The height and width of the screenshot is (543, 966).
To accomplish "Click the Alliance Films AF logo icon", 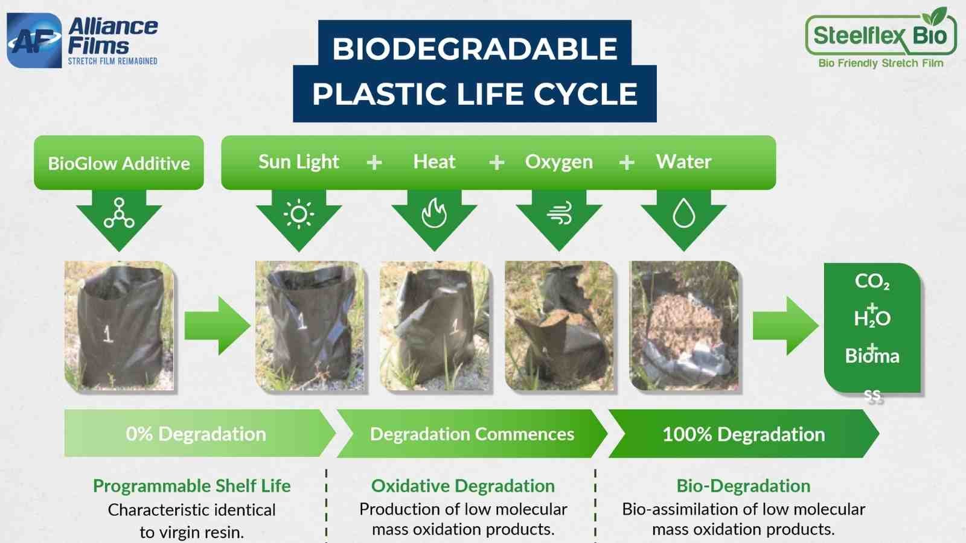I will (34, 40).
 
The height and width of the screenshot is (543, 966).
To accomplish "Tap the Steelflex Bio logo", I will (880, 37).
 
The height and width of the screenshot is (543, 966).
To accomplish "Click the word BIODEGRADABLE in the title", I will (475, 48).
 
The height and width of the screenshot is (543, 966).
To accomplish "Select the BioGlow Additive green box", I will (119, 163).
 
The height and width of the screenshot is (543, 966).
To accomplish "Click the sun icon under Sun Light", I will (299, 214).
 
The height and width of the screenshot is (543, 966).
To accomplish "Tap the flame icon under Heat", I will (434, 214).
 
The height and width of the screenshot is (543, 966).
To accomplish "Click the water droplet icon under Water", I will (683, 214).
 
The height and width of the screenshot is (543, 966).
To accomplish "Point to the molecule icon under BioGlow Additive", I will (119, 214).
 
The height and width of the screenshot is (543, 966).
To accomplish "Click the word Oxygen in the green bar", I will (558, 162).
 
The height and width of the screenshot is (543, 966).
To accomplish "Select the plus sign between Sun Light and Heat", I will (374, 162).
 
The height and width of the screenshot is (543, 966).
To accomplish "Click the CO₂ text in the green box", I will (872, 281).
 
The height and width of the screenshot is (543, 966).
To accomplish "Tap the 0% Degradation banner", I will (196, 434).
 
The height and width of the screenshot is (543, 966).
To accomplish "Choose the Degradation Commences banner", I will (472, 434).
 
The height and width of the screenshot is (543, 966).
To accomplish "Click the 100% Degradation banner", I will (743, 434).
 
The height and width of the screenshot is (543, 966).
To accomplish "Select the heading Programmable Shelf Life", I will (191, 486).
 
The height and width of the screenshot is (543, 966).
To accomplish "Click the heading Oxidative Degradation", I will (462, 486).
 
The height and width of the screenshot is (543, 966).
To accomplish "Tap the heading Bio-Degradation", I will (743, 486).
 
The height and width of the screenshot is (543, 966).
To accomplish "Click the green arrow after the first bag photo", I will (216, 326).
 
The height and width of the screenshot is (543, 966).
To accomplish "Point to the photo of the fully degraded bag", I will (683, 326).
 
